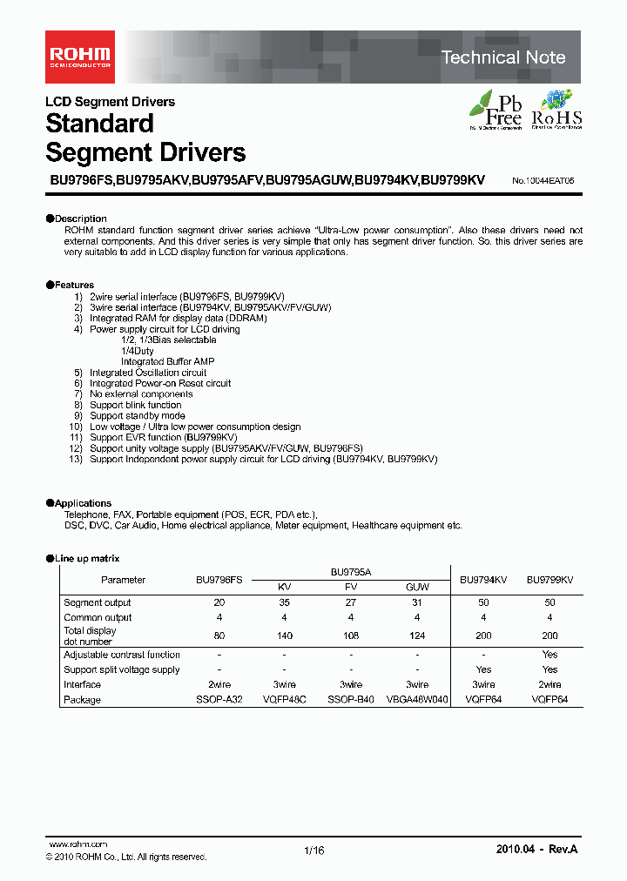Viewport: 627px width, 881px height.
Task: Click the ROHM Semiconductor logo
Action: click(78, 57)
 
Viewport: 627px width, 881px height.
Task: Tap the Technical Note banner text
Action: click(503, 57)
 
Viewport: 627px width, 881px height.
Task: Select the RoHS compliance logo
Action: click(556, 110)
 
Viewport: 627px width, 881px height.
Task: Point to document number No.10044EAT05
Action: click(543, 180)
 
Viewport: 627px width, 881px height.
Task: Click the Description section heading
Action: click(80, 219)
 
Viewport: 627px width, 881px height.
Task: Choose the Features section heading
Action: click(74, 285)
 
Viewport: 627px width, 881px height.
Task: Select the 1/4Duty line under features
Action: click(138, 351)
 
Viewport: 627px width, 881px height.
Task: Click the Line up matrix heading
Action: click(86, 558)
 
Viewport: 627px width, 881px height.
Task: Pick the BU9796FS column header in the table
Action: click(219, 580)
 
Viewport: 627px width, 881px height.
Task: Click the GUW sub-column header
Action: click(417, 588)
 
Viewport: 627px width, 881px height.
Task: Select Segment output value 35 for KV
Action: click(284, 602)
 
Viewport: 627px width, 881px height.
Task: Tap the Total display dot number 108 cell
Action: click(351, 636)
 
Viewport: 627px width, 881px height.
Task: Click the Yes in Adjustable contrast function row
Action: click(549, 655)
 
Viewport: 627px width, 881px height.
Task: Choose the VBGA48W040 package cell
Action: click(417, 700)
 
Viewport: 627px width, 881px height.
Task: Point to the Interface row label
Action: click(82, 684)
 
